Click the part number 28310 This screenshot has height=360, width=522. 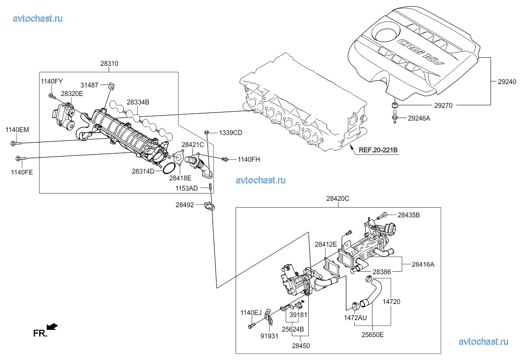pos(109,64)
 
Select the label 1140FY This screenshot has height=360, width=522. pos(52,81)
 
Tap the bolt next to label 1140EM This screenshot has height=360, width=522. pos(13,143)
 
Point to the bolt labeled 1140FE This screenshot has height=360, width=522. pos(20,159)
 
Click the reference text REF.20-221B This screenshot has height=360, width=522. pos(378,150)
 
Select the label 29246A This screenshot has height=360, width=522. pos(419,118)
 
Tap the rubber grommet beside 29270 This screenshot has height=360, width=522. pos(394,105)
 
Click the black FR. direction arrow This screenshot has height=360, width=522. pos(52,326)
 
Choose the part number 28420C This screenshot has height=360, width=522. pos(338,198)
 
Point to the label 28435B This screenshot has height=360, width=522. pos(409,215)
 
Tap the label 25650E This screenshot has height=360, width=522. pos(372,335)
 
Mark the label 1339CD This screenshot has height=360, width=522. pos(231,133)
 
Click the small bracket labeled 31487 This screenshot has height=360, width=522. pos(110,87)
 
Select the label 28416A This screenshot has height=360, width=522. pos(423,264)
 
